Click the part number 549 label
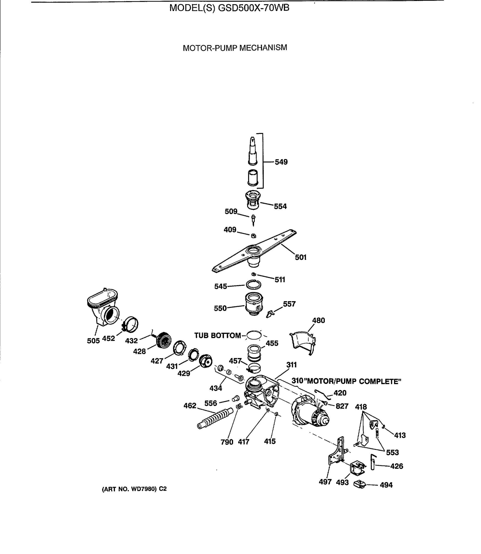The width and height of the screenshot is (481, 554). click(281, 162)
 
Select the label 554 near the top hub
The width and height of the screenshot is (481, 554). click(280, 206)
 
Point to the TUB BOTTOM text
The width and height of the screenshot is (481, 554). click(217, 335)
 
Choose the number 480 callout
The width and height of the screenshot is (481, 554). click(318, 320)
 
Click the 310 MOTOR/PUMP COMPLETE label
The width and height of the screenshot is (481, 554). click(346, 381)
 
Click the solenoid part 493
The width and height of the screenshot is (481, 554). click(357, 468)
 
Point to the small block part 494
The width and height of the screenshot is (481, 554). click(359, 485)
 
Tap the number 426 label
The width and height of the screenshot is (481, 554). click(397, 466)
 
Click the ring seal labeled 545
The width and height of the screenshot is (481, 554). click(253, 285)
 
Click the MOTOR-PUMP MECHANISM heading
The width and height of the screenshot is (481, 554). click(235, 48)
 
